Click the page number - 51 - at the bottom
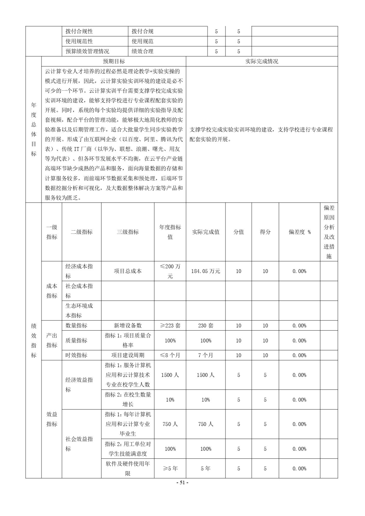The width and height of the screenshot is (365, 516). coord(182,482)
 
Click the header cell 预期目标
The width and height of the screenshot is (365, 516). coord(114,61)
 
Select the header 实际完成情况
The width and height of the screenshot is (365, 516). coord(262,61)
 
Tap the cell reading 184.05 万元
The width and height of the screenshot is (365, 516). coord(205,271)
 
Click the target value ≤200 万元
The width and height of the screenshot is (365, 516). coord(170,271)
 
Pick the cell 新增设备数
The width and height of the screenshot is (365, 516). coord(128,325)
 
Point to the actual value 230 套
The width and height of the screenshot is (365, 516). coord(205,325)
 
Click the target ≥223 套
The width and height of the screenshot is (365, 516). coord(170,325)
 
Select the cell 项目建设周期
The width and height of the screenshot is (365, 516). coord(128,355)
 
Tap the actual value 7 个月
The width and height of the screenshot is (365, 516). coord(205,355)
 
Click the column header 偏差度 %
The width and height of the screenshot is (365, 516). coord(299,232)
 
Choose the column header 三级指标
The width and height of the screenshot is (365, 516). coord(128,232)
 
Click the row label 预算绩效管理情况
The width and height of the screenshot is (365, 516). coord(87,51)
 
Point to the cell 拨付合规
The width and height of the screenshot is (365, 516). coord(142,31)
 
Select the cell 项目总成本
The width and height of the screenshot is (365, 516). coord(128,271)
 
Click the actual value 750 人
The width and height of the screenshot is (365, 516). coord(205,424)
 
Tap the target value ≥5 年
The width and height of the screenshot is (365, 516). coord(170,468)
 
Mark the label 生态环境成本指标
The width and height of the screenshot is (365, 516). coord(79,310)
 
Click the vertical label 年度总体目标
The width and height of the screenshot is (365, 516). coord(34,129)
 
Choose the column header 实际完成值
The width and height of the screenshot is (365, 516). coord(205,232)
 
